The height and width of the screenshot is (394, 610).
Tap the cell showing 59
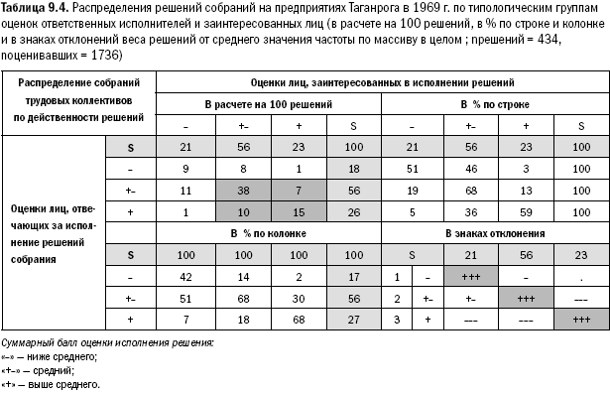pyautogui.click(x=526, y=211)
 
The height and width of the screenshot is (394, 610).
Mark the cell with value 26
pyautogui.click(x=354, y=211)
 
